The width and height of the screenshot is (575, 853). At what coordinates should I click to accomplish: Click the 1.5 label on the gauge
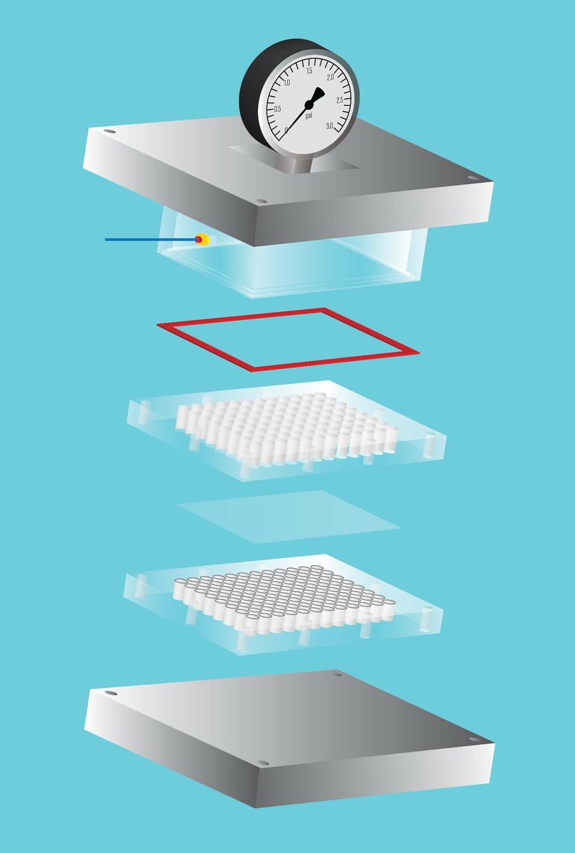pyautogui.click(x=309, y=71)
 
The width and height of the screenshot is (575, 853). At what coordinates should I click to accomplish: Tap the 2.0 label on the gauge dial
pyautogui.click(x=331, y=77)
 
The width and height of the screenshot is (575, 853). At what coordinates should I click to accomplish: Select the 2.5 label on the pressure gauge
pyautogui.click(x=339, y=100)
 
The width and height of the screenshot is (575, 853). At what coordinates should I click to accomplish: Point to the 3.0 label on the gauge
pyautogui.click(x=330, y=126)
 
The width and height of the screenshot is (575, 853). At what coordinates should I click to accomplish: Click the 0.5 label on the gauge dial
pyautogui.click(x=277, y=109)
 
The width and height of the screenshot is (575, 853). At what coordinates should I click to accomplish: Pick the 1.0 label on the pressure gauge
pyautogui.click(x=286, y=83)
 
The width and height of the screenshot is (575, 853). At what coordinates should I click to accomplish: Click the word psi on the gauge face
pyautogui.click(x=309, y=115)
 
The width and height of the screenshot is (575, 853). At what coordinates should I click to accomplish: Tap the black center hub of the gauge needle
pyautogui.click(x=309, y=104)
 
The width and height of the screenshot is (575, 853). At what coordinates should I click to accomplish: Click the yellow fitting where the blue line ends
pyautogui.click(x=203, y=240)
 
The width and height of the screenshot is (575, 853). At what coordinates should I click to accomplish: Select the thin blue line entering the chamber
pyautogui.click(x=151, y=240)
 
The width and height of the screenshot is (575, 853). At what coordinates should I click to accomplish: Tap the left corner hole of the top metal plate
pyautogui.click(x=109, y=132)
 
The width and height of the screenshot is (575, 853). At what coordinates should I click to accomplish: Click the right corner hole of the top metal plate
pyautogui.click(x=473, y=178)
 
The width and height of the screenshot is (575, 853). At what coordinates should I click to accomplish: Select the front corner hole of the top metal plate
pyautogui.click(x=261, y=200)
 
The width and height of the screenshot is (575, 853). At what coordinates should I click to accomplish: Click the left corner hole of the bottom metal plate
pyautogui.click(x=110, y=692)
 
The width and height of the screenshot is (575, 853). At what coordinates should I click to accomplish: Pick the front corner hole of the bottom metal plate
pyautogui.click(x=262, y=763)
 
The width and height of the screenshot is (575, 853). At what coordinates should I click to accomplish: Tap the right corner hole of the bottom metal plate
pyautogui.click(x=474, y=739)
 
